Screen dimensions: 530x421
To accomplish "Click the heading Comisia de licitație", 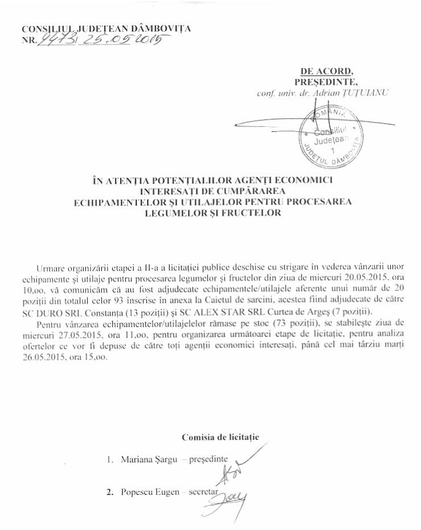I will tap(220, 437).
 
